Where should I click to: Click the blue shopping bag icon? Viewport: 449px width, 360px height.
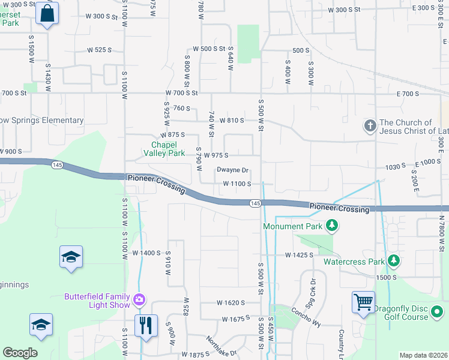pyautogui.click(x=47, y=13)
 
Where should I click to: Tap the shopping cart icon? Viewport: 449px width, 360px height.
pyautogui.click(x=364, y=302)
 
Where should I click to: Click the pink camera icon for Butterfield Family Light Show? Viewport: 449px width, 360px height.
pyautogui.click(x=139, y=299)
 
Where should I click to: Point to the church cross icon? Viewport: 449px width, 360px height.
pyautogui.click(x=370, y=126)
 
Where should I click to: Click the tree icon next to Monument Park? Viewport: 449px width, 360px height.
pyautogui.click(x=331, y=226)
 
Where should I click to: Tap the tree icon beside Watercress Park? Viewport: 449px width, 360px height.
pyautogui.click(x=393, y=261)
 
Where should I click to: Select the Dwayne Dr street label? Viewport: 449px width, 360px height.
pyautogui.click(x=232, y=170)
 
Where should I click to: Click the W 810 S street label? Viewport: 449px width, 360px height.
pyautogui.click(x=231, y=121)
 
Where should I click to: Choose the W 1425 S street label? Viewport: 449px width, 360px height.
pyautogui.click(x=300, y=255)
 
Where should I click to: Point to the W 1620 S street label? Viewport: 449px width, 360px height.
pyautogui.click(x=232, y=303)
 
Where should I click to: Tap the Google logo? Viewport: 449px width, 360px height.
pyautogui.click(x=20, y=353)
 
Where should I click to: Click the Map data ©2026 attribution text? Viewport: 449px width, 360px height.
pyautogui.click(x=423, y=355)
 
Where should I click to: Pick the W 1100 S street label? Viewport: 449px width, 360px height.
pyautogui.click(x=237, y=184)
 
